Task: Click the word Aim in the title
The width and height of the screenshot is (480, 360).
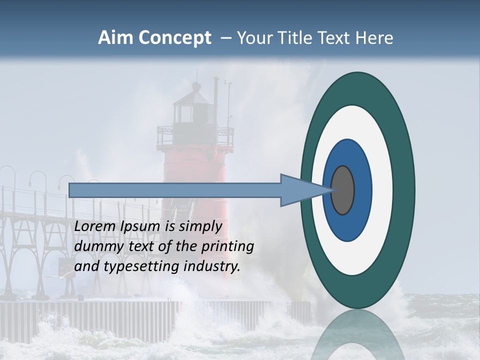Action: pyautogui.click(x=114, y=38)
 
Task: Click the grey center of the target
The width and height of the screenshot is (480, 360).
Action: pyautogui.click(x=343, y=190)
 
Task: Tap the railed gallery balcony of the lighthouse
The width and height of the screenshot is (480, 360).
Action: pyautogui.click(x=195, y=136)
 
